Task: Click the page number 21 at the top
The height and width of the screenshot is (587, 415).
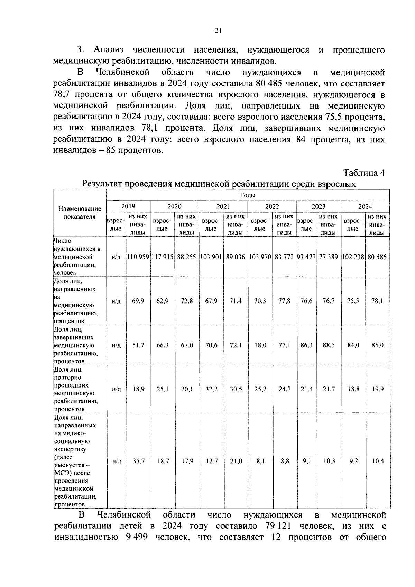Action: [x=218, y=31]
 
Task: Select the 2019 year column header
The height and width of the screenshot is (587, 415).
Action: [x=128, y=206]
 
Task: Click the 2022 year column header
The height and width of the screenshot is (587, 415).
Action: [x=272, y=206]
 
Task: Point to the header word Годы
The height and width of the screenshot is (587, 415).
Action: [x=248, y=195]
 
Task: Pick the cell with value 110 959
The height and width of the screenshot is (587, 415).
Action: [x=138, y=257]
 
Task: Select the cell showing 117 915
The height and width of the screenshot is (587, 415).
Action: [x=162, y=257]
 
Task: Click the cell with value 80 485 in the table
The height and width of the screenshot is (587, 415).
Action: [x=377, y=257]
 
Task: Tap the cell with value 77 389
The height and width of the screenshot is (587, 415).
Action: [x=328, y=257]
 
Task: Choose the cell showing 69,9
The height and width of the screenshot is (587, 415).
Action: [x=138, y=301]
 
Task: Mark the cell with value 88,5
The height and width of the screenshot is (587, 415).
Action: [x=328, y=345]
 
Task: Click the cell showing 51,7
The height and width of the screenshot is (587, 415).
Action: [x=138, y=345]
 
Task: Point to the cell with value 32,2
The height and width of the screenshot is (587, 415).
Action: [x=211, y=389]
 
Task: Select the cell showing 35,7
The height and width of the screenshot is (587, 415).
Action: [x=138, y=461]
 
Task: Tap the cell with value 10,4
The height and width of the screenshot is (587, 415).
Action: [x=377, y=461]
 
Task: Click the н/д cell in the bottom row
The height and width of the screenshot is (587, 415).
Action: [x=117, y=461]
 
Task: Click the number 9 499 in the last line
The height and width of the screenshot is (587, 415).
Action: [x=132, y=537]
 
